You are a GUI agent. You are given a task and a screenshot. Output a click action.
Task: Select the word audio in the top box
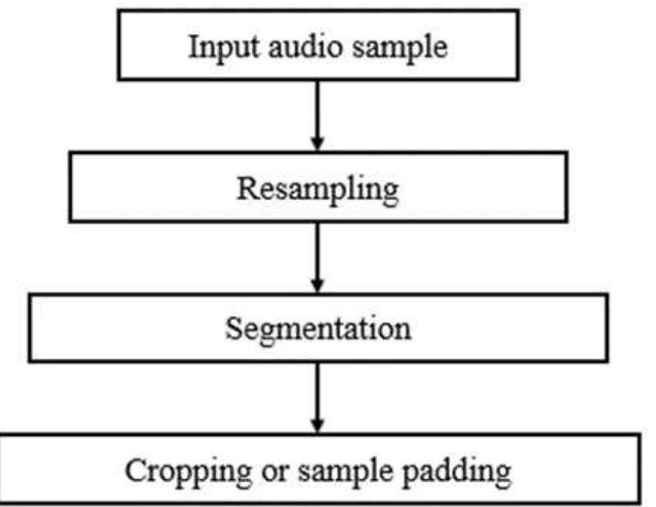point(291,47)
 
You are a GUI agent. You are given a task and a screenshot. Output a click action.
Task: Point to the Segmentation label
point(318,330)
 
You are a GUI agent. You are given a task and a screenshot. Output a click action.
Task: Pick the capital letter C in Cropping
point(134,469)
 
